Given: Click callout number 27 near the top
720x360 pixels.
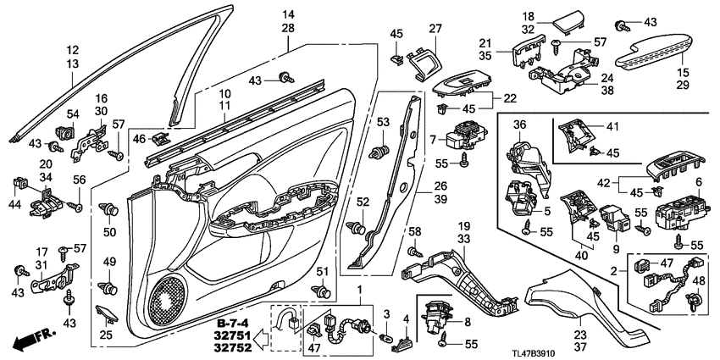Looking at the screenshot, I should pos(435,28).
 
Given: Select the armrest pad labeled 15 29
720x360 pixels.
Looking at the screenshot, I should pos(653,57).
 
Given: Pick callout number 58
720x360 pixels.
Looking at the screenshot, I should pos(414,230).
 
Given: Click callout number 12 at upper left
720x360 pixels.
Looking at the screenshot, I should pos(73,50).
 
